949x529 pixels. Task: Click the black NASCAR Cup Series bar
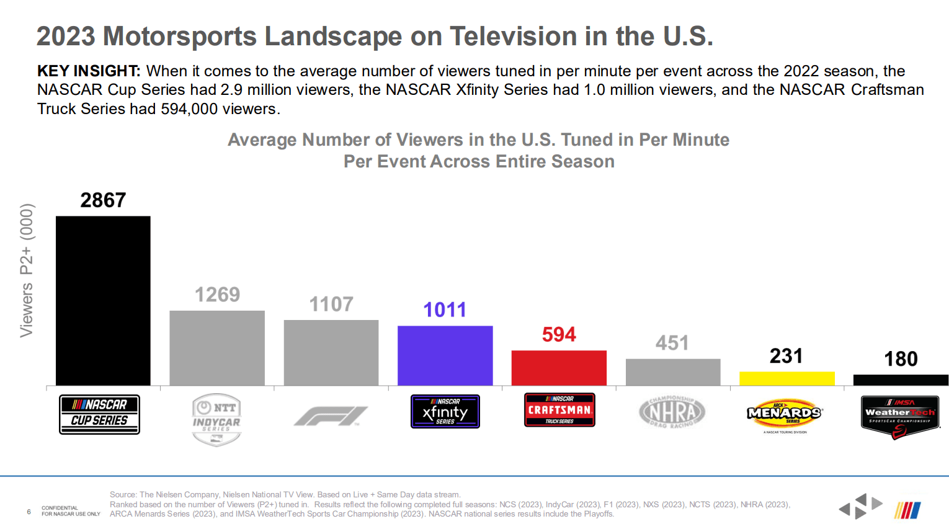click(103, 301)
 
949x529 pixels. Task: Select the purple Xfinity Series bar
click(445, 355)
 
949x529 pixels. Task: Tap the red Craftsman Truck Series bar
click(559, 368)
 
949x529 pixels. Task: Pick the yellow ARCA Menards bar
click(786, 378)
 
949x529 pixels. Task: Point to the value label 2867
click(103, 200)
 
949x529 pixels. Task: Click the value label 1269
click(217, 295)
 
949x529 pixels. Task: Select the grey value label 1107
click(331, 305)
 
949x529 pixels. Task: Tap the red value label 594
click(559, 335)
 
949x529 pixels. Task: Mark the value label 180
click(901, 359)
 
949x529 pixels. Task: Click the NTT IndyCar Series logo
click(216, 419)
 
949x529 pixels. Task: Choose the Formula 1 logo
click(331, 416)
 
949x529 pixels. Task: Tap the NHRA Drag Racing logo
click(672, 412)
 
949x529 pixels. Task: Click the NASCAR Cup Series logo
click(99, 414)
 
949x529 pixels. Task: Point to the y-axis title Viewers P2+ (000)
click(27, 270)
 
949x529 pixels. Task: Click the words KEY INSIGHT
click(88, 71)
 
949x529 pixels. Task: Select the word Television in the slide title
click(514, 37)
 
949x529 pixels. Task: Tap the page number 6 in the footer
click(29, 512)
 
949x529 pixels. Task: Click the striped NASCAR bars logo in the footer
click(907, 510)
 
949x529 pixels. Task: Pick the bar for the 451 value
click(673, 372)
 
